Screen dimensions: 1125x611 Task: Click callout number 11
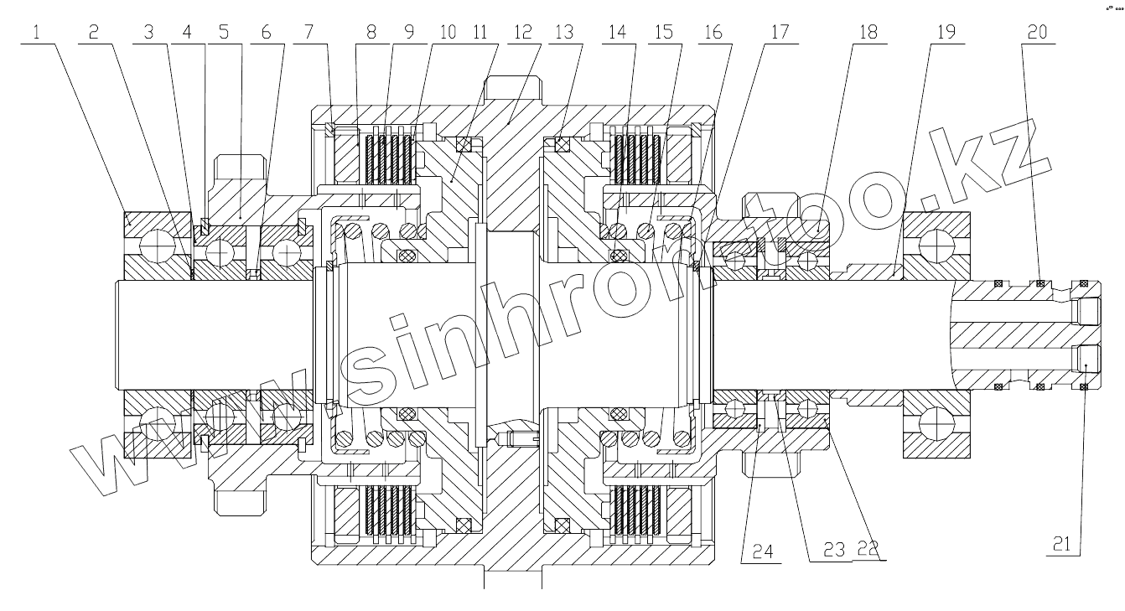click(480, 32)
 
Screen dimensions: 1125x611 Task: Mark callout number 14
click(618, 32)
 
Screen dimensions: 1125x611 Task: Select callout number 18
click(868, 32)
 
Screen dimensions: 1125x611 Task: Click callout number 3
click(149, 32)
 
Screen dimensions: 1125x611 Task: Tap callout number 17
click(779, 32)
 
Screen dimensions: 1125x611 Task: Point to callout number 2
click(93, 32)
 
